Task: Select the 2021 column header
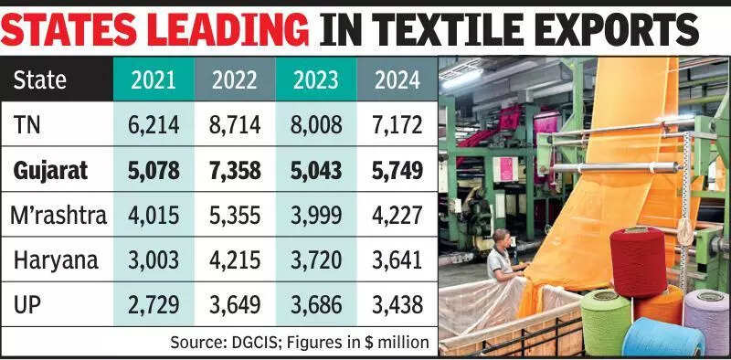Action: [x=153, y=79]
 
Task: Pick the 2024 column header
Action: [x=396, y=79]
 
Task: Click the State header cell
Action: [x=40, y=79]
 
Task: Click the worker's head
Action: [x=503, y=238]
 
